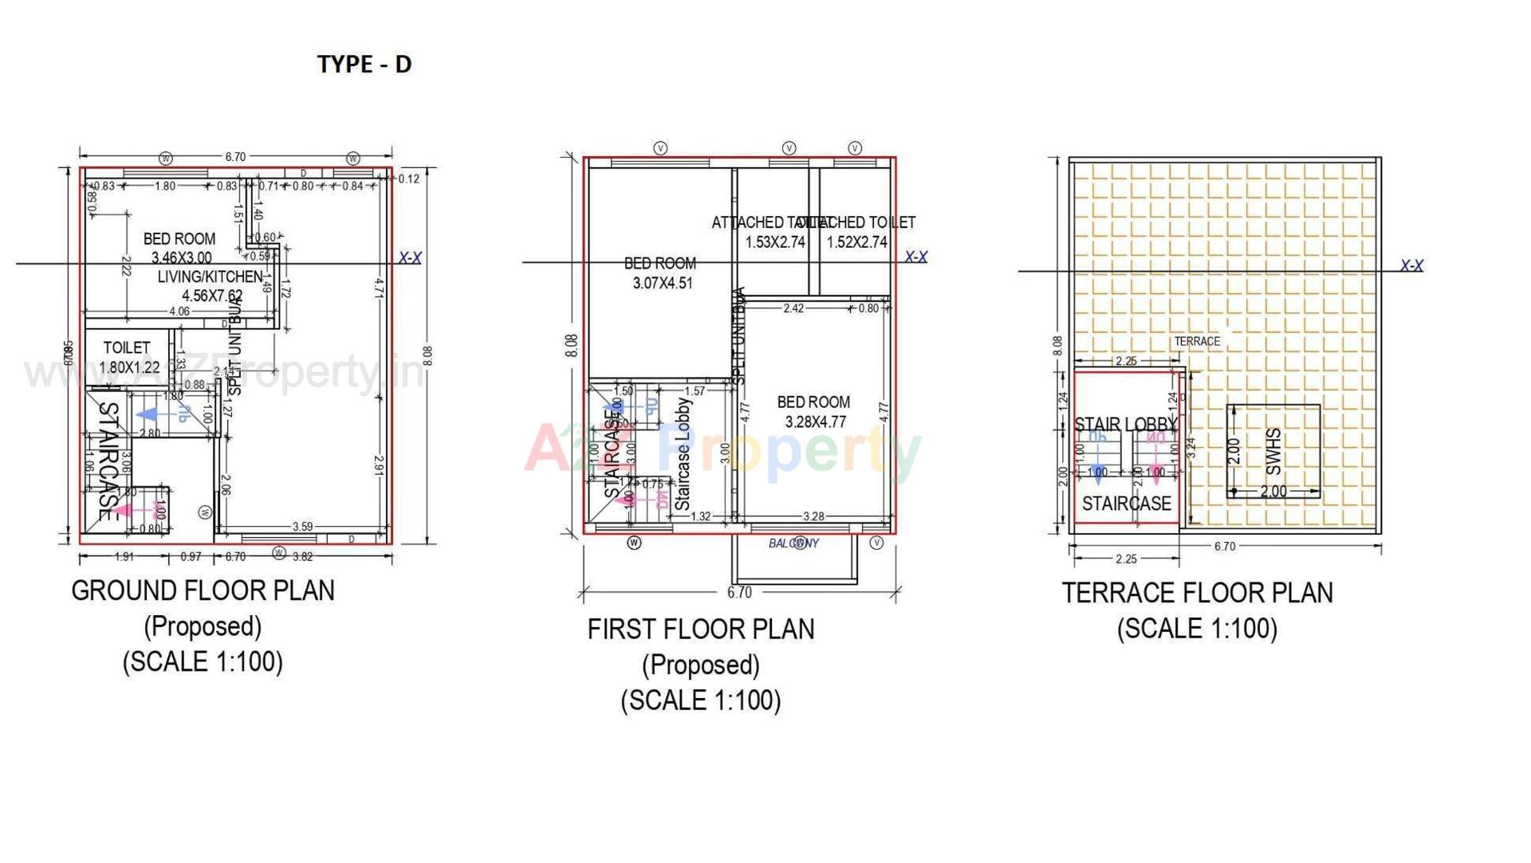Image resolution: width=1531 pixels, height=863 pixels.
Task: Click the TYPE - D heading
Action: tap(364, 64)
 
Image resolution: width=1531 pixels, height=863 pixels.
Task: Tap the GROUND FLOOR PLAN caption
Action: tap(203, 590)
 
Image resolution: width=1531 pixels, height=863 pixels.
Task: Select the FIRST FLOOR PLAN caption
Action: tap(701, 630)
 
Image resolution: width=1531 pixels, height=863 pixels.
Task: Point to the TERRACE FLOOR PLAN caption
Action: tap(1197, 593)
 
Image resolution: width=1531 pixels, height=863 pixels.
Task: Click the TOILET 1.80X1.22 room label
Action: tap(128, 358)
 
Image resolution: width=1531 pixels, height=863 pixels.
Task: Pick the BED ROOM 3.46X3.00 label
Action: tap(180, 247)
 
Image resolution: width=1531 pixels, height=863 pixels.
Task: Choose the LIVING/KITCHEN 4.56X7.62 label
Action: tap(211, 286)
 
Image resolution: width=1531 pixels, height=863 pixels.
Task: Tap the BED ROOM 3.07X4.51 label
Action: tap(661, 273)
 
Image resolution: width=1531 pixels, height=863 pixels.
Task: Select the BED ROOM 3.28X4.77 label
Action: tap(813, 412)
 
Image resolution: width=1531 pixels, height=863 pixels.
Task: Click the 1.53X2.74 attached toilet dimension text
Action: tap(775, 242)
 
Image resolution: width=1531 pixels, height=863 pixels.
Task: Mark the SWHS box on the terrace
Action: tap(1273, 451)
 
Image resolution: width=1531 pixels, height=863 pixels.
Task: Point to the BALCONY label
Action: tap(793, 543)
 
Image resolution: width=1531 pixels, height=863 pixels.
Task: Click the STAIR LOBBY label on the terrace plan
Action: tap(1125, 425)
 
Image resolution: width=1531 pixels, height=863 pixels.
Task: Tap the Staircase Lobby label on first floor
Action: tap(683, 454)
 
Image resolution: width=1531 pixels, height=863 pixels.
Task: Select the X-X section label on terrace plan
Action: tap(1411, 265)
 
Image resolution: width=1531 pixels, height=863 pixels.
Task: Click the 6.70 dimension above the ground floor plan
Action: tap(235, 157)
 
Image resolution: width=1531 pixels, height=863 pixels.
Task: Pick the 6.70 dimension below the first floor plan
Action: tap(739, 592)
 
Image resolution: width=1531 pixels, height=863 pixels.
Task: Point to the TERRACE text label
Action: tap(1197, 341)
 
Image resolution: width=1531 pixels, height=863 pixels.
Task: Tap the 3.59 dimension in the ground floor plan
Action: tap(302, 527)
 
